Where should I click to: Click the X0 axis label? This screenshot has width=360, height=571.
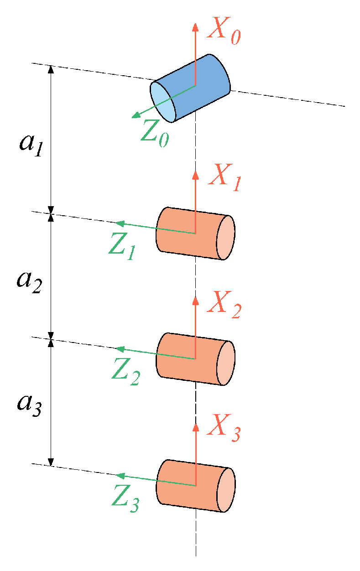click(x=223, y=31)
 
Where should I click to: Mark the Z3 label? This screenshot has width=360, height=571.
click(x=125, y=499)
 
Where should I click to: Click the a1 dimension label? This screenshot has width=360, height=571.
click(x=31, y=144)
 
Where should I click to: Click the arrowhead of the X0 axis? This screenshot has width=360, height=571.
click(x=195, y=26)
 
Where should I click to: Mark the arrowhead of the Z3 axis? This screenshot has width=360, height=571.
click(x=120, y=476)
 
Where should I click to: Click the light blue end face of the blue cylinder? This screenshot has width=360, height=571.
click(x=163, y=102)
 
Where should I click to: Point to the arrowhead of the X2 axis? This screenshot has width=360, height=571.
click(x=196, y=301)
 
